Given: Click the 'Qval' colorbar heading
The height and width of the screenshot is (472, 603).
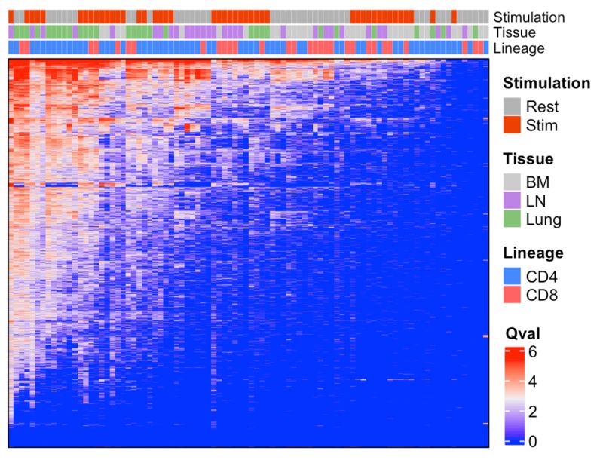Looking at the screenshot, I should click(x=519, y=331).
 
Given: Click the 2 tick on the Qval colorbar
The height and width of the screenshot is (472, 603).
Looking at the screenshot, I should click(x=533, y=411).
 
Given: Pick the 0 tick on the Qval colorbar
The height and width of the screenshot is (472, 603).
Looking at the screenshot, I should click(x=533, y=441).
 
